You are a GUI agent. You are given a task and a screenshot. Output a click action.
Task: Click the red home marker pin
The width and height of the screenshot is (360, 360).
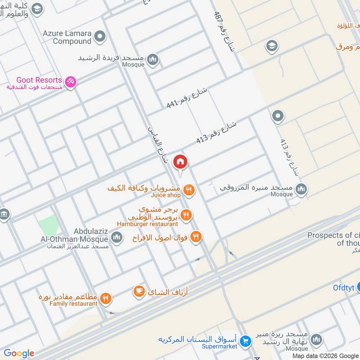(x=180, y=162)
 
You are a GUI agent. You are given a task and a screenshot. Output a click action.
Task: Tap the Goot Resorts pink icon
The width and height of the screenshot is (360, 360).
(x=70, y=82)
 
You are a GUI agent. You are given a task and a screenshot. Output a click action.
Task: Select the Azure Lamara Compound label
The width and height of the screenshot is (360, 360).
(x=72, y=37)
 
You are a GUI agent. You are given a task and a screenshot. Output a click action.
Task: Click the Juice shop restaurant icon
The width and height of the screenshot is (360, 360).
(x=189, y=191)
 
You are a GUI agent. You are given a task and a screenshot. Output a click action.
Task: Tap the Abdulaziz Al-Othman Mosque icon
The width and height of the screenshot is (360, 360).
(x=117, y=237)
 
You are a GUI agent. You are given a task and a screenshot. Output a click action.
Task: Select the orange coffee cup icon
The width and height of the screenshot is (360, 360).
(x=139, y=292)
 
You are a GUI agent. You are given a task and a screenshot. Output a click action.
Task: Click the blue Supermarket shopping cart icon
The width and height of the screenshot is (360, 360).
(x=245, y=341)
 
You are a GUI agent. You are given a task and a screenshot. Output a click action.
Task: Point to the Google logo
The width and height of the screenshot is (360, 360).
(x=18, y=353)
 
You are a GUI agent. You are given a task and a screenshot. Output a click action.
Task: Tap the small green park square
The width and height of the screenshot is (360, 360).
(x=48, y=225)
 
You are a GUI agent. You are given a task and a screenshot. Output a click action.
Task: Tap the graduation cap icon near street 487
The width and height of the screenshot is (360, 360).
(x=271, y=45)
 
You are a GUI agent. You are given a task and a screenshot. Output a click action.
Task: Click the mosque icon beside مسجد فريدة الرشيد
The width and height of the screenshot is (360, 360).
(x=153, y=59)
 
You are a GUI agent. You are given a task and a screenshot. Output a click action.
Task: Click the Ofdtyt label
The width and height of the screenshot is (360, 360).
(x=344, y=287)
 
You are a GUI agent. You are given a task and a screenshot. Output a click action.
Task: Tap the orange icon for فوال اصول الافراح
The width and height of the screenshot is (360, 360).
(x=196, y=236)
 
